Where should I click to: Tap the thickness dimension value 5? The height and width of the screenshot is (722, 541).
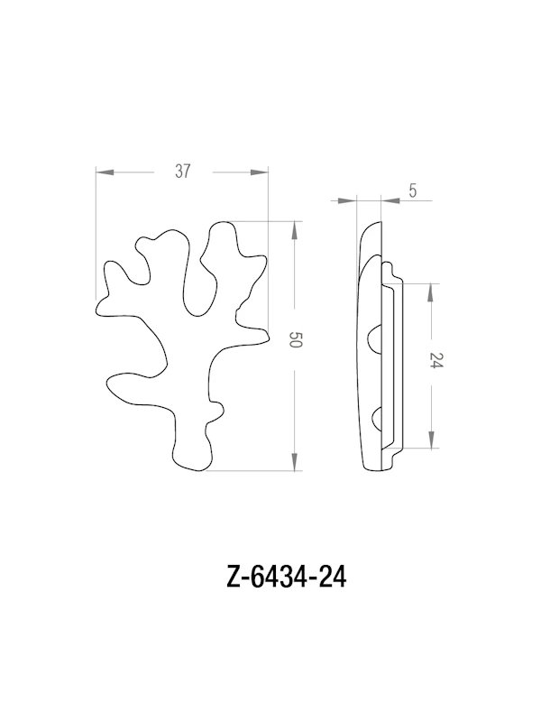[x=412, y=190]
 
